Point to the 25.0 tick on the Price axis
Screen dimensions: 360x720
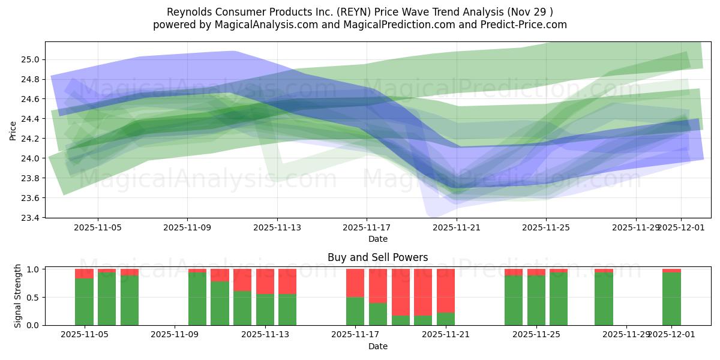(30, 59)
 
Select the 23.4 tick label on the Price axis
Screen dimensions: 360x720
(30, 218)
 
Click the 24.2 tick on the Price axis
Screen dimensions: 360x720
(30, 139)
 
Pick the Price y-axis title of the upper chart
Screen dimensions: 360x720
(13, 130)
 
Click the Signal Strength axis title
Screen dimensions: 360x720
(17, 296)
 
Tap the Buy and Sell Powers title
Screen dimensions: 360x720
(377, 257)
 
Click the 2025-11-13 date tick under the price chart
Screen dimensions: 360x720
(277, 228)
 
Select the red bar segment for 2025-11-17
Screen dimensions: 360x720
(355, 283)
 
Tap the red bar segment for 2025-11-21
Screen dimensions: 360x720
(446, 290)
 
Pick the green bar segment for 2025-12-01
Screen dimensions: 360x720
(671, 299)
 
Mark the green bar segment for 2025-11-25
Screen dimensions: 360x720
(536, 300)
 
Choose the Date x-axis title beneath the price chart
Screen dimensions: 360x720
(377, 239)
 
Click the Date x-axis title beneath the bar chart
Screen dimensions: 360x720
(377, 346)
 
